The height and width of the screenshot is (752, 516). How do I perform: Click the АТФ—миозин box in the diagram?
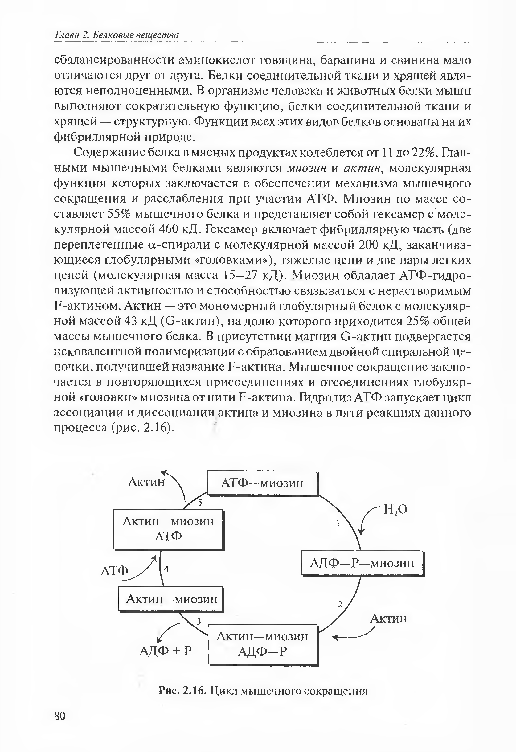pyautogui.click(x=262, y=483)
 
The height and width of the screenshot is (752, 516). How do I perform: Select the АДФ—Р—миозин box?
pyautogui.click(x=362, y=563)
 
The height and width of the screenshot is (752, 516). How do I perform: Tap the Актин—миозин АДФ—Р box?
pyautogui.click(x=262, y=644)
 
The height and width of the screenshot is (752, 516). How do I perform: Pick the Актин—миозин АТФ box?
pyautogui.click(x=168, y=529)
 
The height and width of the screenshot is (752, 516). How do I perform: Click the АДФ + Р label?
pyautogui.click(x=166, y=650)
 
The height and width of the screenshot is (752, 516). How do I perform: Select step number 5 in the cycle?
pyautogui.click(x=200, y=503)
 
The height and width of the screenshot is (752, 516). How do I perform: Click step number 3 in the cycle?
pyautogui.click(x=199, y=621)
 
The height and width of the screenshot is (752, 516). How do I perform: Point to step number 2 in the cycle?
pyautogui.click(x=340, y=604)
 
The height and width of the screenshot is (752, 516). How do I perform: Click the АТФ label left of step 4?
pyautogui.click(x=115, y=570)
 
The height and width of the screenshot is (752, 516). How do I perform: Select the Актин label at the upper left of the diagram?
pyautogui.click(x=146, y=482)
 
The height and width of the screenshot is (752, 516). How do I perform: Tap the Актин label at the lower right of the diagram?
pyautogui.click(x=388, y=618)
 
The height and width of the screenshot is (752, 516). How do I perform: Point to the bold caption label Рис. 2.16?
pyautogui.click(x=182, y=691)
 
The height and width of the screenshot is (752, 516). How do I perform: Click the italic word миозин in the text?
pyautogui.click(x=308, y=168)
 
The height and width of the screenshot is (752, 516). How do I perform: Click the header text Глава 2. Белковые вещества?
pyautogui.click(x=117, y=35)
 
